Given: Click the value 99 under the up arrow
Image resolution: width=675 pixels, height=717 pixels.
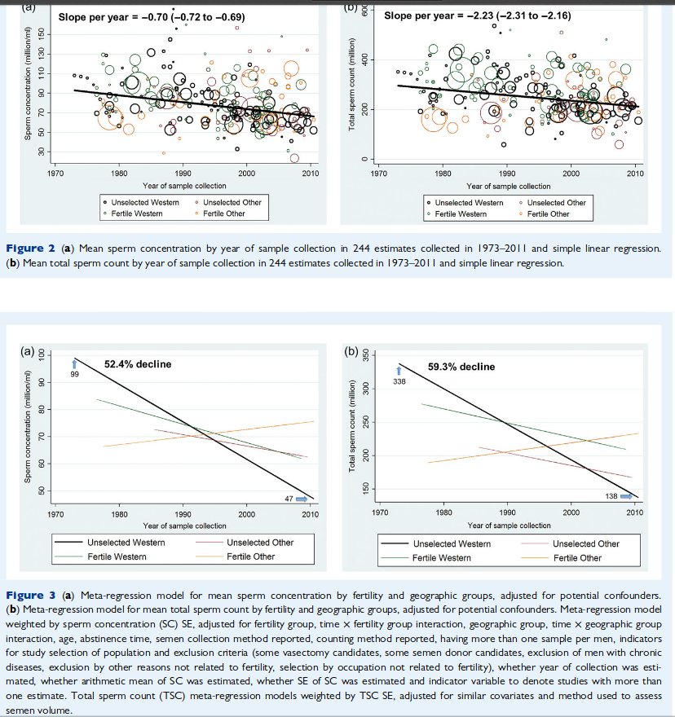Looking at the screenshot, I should pos(74,373).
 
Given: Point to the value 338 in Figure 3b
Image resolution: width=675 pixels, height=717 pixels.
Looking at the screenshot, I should pos(399,380).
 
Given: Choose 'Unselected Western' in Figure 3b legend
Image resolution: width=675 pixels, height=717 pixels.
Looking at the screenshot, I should pos(452,543).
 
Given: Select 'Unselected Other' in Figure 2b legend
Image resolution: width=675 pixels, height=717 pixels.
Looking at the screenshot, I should pos(558,202).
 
